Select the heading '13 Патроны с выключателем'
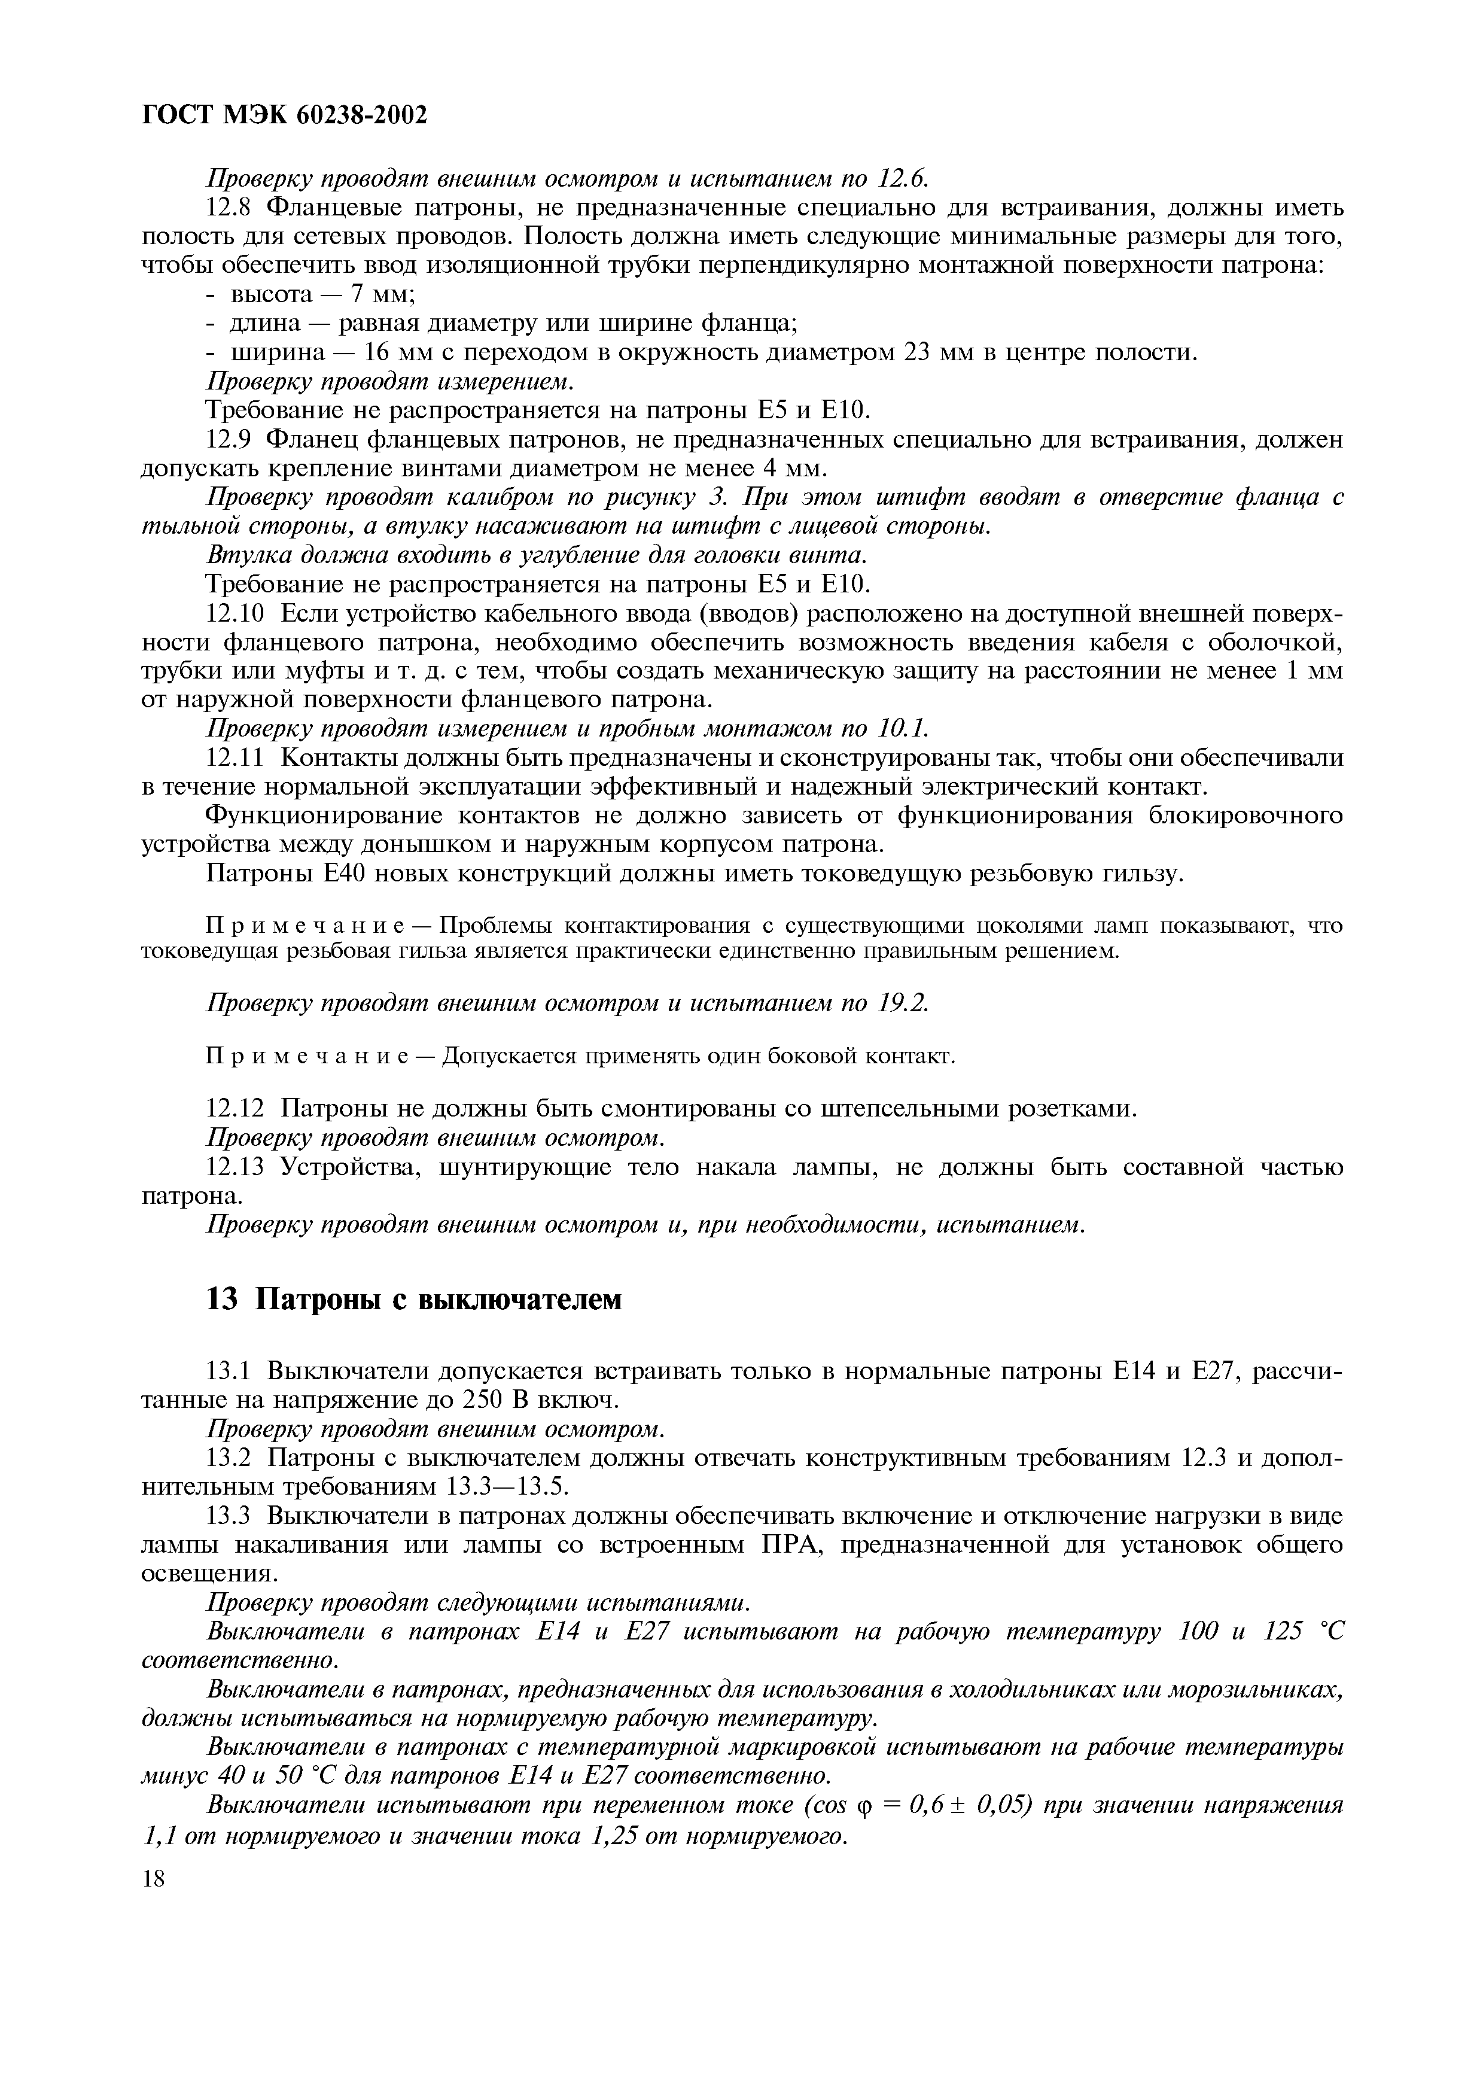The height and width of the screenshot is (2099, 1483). tap(414, 1299)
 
